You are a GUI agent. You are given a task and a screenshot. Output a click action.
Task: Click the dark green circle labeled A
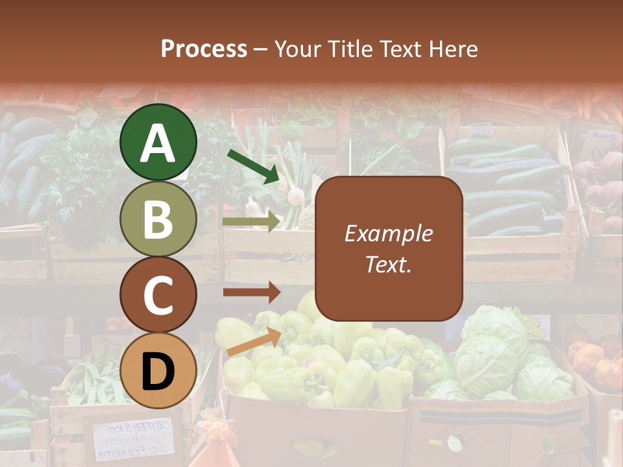coord(158,142)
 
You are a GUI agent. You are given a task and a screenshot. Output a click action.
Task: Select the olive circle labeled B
coord(158,219)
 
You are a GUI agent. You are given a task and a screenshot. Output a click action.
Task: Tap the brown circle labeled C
coord(158,294)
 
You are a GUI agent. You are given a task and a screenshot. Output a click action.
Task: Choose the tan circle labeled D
coord(158,370)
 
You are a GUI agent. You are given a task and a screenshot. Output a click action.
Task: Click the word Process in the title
coord(204,49)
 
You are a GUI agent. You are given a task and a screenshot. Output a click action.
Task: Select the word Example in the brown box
coord(389,233)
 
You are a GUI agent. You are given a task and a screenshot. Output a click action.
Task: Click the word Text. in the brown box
coord(389,264)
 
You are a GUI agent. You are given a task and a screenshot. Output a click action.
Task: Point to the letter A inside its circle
coord(158,143)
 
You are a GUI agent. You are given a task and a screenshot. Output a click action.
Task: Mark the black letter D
coord(158,371)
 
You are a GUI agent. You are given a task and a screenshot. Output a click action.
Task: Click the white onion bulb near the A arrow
coord(296,195)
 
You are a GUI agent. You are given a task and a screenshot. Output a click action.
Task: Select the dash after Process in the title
coord(261,49)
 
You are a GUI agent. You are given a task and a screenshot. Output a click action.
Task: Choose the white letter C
coord(158,295)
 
